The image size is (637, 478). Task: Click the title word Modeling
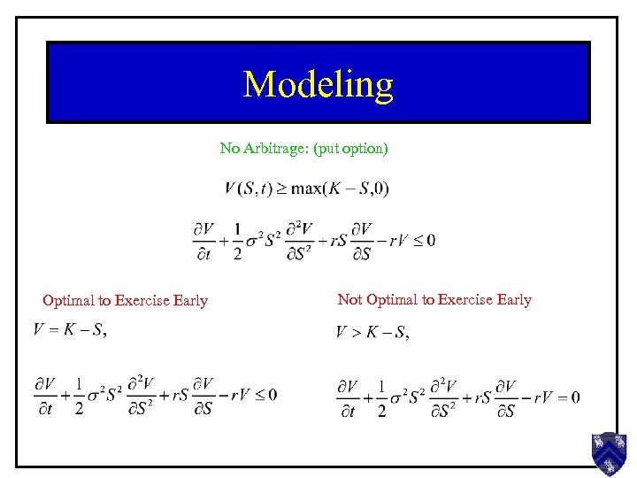point(318,84)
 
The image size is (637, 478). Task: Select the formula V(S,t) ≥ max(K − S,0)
point(306,189)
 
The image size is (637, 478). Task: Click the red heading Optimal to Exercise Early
point(125,300)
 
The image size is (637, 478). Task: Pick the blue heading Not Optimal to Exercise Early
point(434,299)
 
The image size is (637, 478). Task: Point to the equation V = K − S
point(69,331)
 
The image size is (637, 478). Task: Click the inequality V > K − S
point(371,333)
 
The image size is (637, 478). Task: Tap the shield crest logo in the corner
point(609,453)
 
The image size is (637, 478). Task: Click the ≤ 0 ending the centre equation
point(425,240)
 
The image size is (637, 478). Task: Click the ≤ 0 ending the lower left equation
point(266,394)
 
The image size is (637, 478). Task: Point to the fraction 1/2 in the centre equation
point(237,240)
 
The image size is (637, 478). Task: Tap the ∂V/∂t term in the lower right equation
point(348,397)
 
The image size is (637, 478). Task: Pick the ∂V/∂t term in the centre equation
point(204,241)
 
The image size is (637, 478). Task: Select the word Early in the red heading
point(190,300)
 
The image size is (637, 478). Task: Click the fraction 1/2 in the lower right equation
point(380,397)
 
